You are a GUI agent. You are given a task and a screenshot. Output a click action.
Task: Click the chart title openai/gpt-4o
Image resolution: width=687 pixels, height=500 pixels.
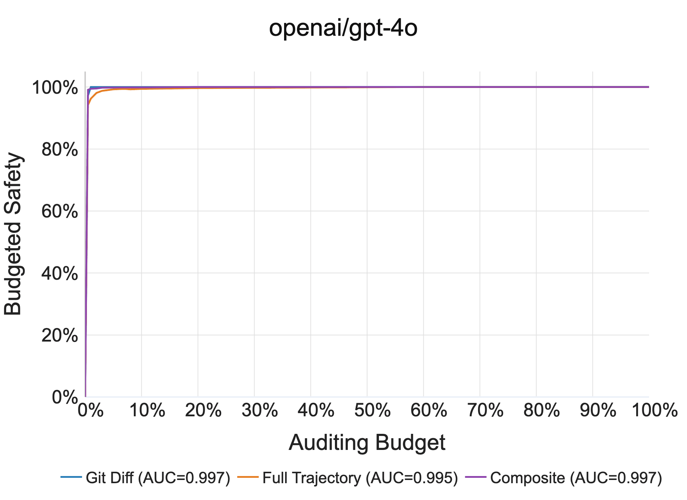coord(343,28)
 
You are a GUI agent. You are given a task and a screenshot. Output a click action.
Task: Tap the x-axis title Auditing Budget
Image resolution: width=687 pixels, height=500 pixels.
coord(367,443)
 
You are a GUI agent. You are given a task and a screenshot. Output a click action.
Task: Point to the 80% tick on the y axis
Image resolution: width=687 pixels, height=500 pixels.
coord(60,149)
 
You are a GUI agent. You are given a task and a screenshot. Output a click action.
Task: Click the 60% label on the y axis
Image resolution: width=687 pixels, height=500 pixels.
coord(60,211)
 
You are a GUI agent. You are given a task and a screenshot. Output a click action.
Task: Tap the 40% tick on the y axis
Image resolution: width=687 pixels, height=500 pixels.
coord(60,274)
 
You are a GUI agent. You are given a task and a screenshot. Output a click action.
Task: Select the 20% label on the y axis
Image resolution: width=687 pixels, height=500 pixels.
coord(60,335)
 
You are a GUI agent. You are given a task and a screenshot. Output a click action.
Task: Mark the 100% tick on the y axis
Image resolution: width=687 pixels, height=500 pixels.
coord(55,88)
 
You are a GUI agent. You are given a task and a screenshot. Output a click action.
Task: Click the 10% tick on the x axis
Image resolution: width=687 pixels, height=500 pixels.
coord(147,410)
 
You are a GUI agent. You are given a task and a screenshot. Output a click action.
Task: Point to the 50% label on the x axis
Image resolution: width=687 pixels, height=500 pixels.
coord(372,410)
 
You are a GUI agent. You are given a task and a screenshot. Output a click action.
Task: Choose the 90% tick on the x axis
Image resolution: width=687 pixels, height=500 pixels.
coord(598,410)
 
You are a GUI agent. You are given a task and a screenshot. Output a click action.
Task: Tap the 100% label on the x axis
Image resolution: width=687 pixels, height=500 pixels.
coord(655,410)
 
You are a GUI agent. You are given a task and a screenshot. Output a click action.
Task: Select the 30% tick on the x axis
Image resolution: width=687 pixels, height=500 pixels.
coord(260,410)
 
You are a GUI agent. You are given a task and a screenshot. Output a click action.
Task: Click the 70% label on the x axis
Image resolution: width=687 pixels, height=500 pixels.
coord(486,410)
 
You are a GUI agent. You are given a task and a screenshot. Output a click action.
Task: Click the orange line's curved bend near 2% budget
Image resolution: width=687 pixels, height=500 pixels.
coord(96,93)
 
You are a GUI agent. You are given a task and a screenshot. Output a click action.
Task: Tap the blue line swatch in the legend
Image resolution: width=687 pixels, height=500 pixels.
coord(71,477)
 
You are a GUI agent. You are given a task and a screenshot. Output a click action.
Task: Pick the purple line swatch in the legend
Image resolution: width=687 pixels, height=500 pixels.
coord(476,477)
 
